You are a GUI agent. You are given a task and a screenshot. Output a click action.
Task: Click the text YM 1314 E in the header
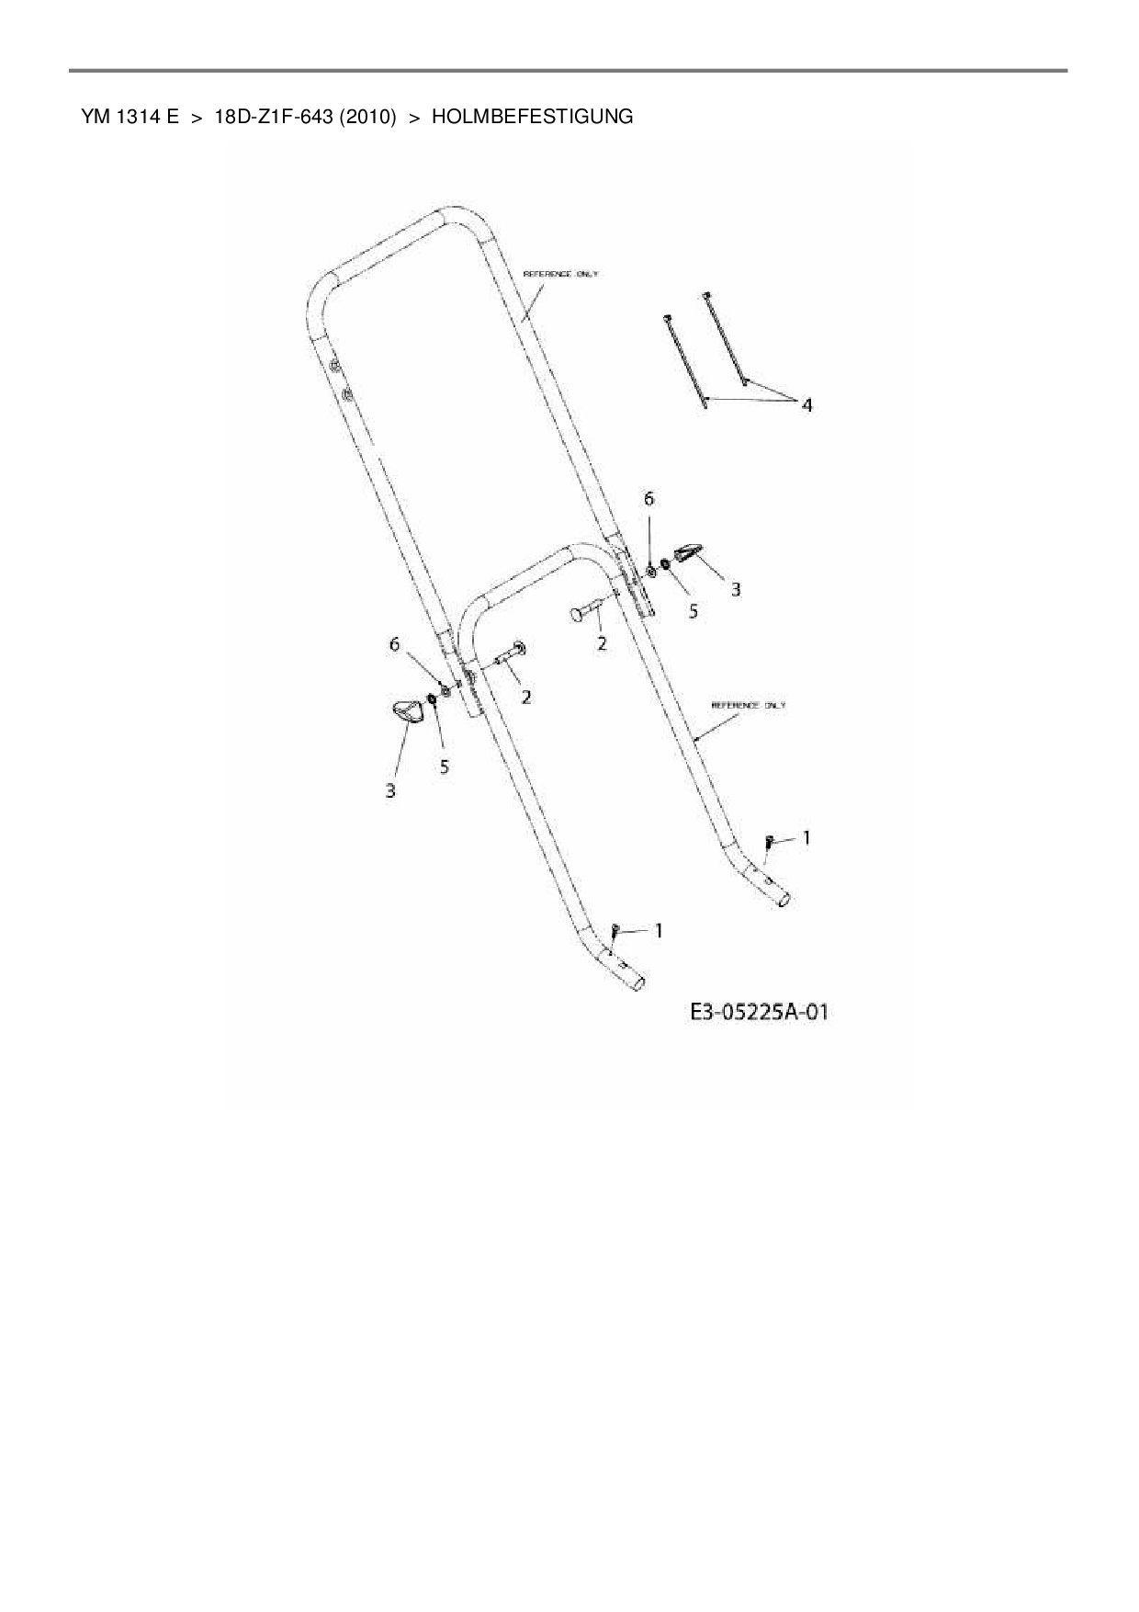tap(129, 117)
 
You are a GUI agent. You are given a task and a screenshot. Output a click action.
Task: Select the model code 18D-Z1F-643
tap(272, 117)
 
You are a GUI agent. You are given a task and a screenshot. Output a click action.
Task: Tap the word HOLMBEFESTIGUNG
tap(532, 117)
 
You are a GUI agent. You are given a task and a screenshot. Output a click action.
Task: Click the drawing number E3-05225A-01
tap(759, 1013)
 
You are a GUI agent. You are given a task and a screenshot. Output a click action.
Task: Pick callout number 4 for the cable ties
tap(806, 404)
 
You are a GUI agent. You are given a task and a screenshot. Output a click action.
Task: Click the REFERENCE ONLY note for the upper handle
tap(560, 274)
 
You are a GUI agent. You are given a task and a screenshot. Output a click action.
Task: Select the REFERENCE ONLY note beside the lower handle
tap(749, 705)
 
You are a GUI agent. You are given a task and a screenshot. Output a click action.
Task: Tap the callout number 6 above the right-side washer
tap(649, 499)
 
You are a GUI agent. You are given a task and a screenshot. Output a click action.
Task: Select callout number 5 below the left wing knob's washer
tap(445, 766)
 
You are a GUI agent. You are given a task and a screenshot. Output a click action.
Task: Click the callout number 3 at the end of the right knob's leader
tap(736, 588)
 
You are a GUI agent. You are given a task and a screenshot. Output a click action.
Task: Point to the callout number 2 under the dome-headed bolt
tap(602, 643)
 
